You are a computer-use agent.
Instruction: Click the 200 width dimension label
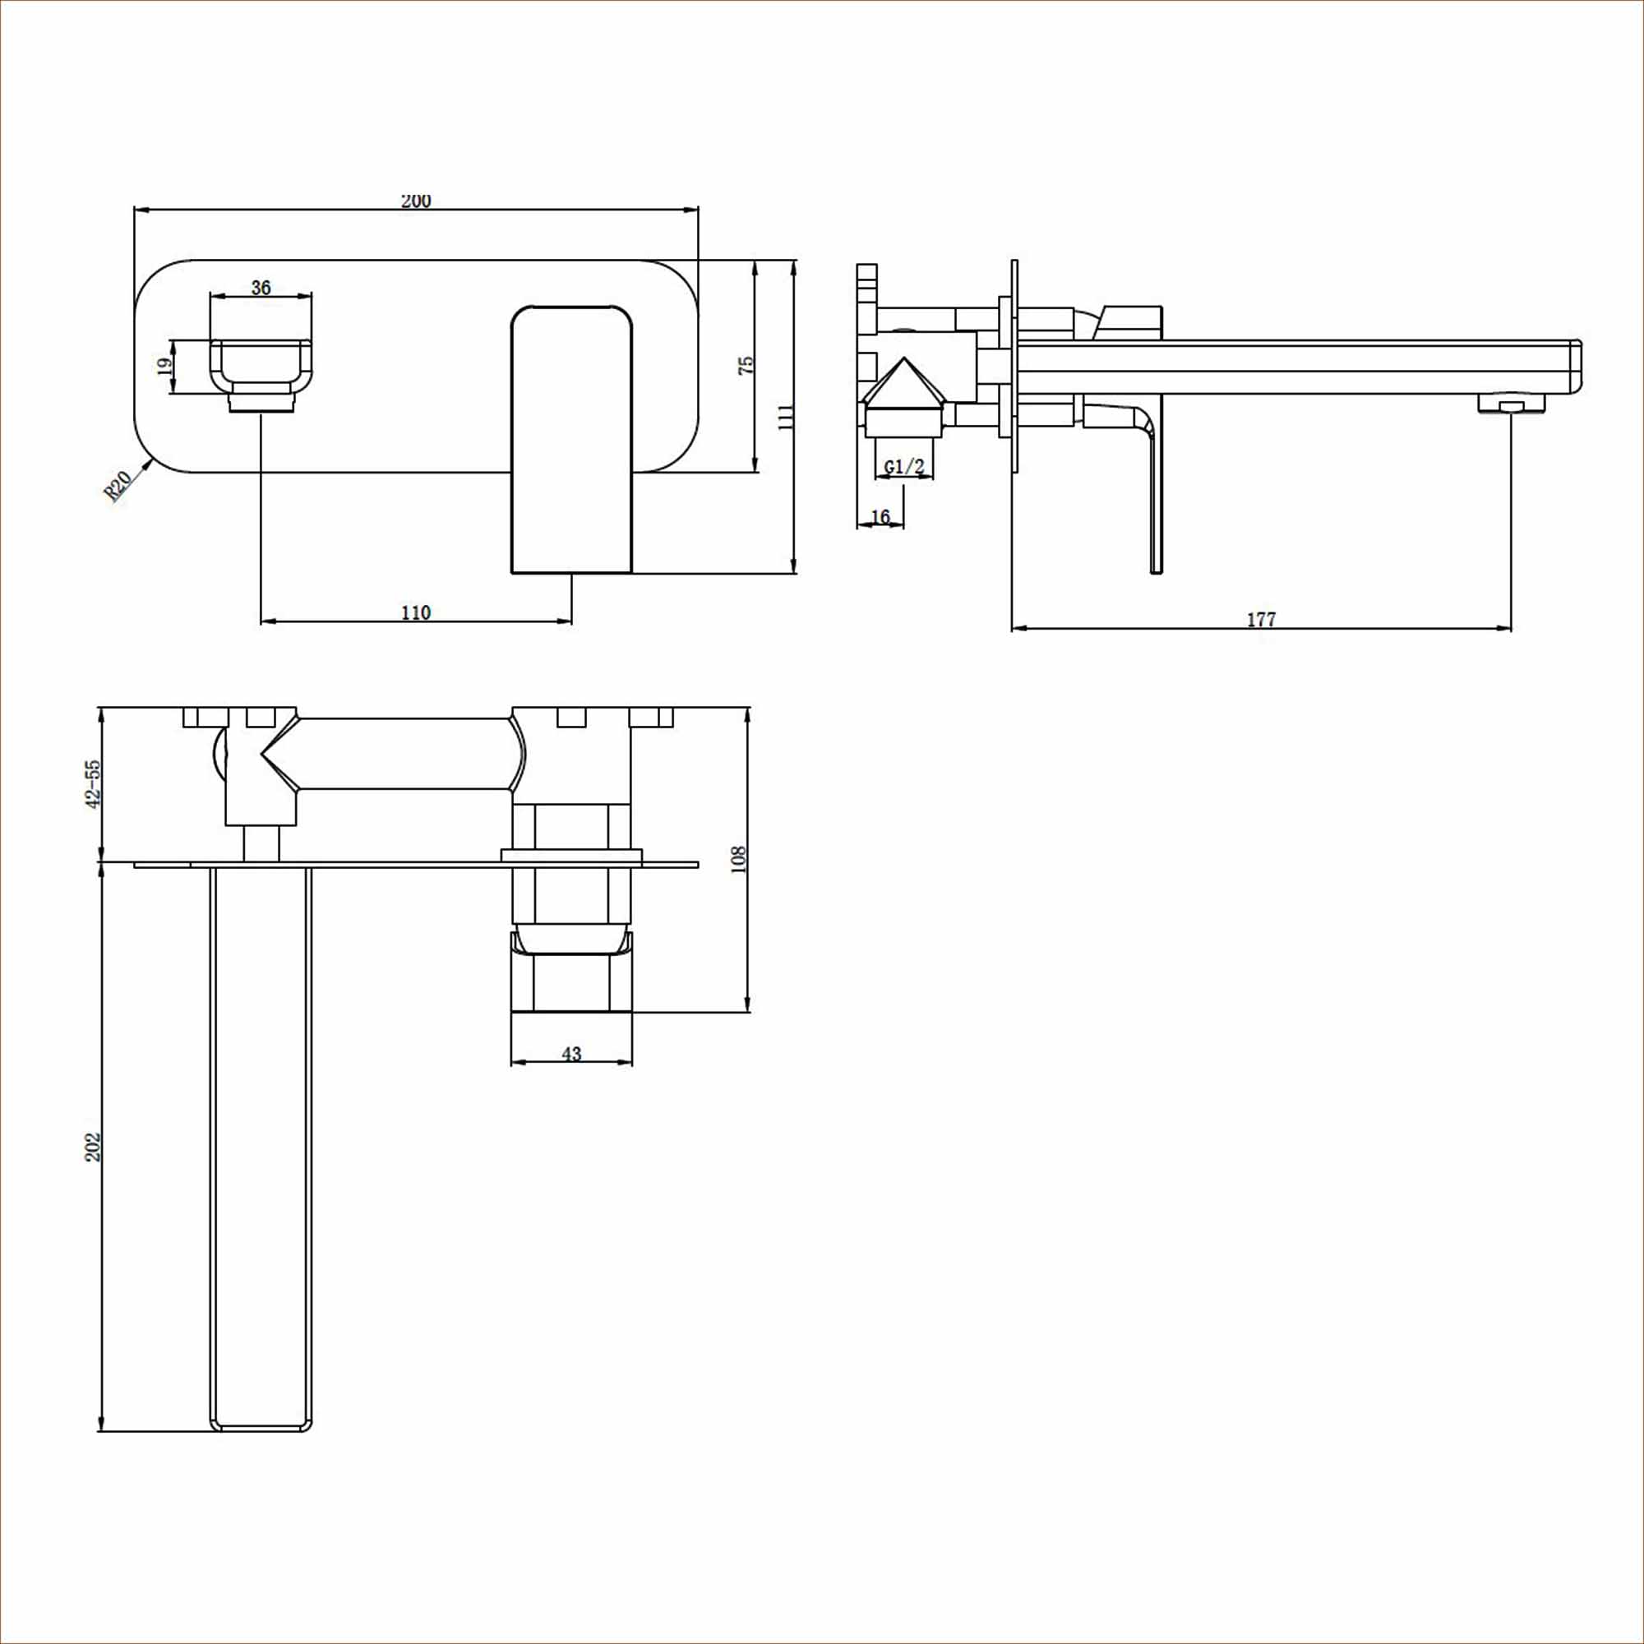[416, 201]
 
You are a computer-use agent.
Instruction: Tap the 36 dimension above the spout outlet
[261, 288]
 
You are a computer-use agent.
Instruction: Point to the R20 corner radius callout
[118, 487]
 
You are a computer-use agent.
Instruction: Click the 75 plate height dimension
[746, 366]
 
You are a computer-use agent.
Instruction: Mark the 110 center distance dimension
[415, 612]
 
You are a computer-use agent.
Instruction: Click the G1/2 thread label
[903, 466]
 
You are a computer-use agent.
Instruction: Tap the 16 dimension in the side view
[880, 516]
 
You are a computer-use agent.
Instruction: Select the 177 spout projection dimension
[1261, 620]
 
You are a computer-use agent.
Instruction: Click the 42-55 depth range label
[93, 783]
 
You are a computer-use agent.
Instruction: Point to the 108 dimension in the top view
[738, 859]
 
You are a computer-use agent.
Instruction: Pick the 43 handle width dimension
[571, 1054]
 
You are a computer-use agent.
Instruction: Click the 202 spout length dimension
[93, 1147]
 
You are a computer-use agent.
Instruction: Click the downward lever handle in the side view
[1154, 493]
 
